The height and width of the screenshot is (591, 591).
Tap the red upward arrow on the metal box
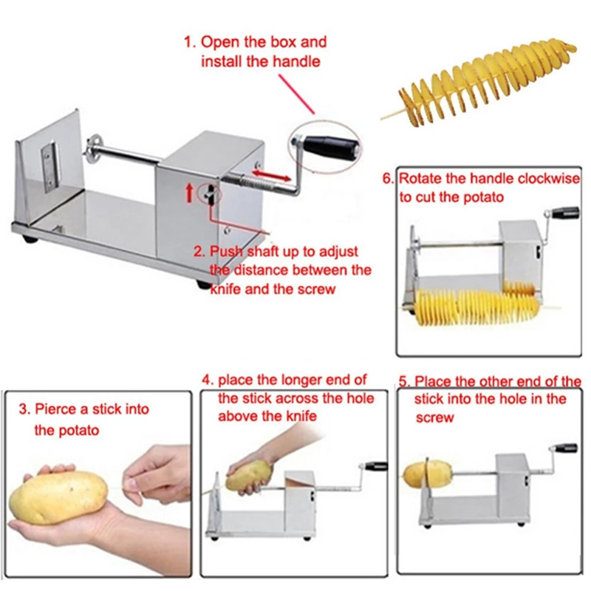click(190, 191)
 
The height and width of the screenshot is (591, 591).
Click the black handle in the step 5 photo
click(565, 448)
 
